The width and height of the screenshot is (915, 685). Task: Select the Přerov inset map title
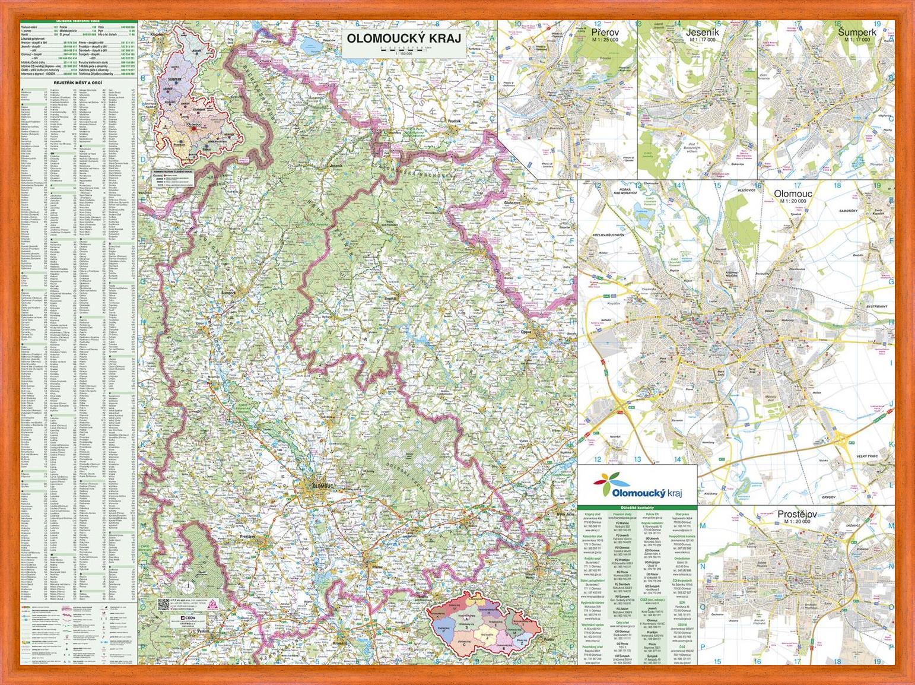point(605,33)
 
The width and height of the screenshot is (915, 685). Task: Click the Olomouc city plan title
point(793,194)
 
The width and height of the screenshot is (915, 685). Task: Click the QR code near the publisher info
point(164,604)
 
